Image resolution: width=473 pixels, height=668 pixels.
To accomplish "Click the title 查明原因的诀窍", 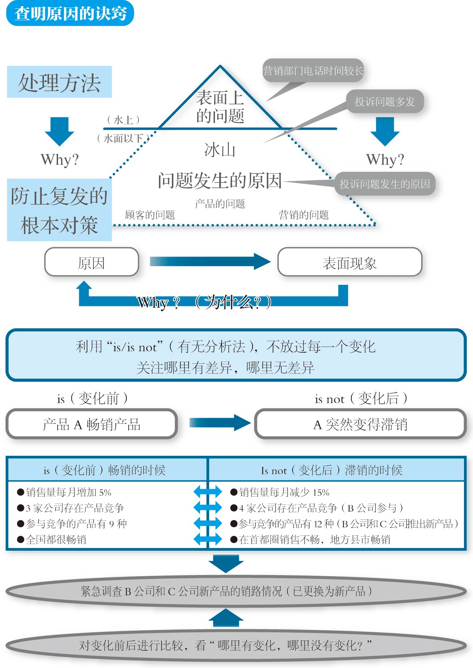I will pos(70,14).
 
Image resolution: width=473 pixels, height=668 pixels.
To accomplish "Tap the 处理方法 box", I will pos(59,82).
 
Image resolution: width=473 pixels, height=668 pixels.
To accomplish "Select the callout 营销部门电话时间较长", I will pos(313,71).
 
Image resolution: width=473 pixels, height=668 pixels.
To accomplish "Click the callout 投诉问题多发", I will pos(384,102).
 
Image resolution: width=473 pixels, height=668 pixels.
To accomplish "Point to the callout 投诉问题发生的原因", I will pos(384,184).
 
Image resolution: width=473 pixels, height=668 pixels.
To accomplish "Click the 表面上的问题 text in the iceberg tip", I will pos(220,107).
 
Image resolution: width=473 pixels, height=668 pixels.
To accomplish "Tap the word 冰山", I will pos(220,150).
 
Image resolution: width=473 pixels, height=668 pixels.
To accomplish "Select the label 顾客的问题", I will pos(149,215).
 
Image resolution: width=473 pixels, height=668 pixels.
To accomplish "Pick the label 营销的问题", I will pos(304,215).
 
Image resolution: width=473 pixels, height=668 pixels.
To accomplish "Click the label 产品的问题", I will pos(220,204).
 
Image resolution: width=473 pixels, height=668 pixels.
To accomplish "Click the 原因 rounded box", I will pos(91,262).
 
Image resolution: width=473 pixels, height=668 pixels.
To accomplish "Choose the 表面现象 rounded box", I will pos(349,262).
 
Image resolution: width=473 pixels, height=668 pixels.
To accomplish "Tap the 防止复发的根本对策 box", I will pos(59,210).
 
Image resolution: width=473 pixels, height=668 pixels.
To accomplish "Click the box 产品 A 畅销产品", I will pos(91,424).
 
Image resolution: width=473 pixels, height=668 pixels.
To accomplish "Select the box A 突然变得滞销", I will pos(360,424).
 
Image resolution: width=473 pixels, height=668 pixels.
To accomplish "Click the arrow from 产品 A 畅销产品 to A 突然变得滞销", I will pos(220,423).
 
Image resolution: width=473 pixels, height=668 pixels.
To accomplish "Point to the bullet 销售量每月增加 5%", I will pos(69,492).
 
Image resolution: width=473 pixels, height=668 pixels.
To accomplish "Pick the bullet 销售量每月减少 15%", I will pos(284,492).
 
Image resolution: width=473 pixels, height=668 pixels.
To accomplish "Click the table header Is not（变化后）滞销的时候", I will pos(331,470).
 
